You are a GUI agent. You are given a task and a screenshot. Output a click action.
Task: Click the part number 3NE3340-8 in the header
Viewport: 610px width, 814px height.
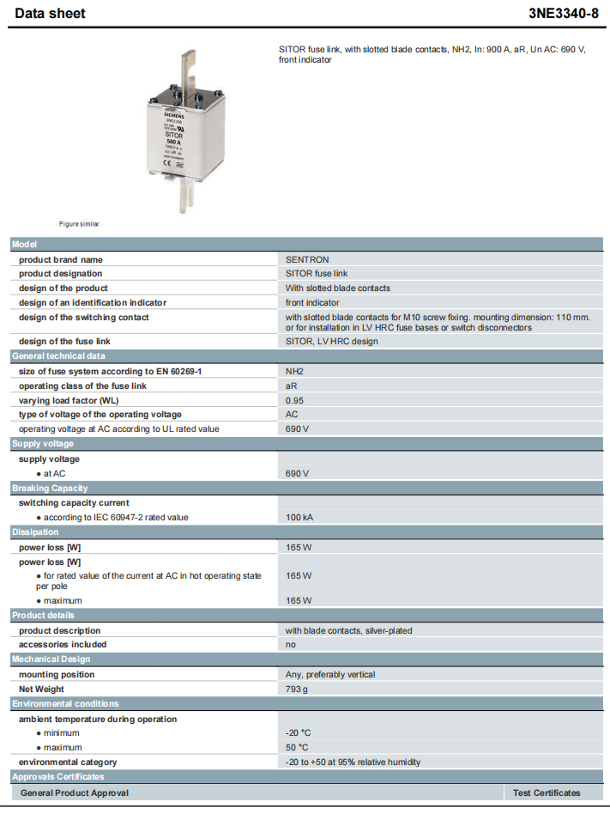[x=564, y=14]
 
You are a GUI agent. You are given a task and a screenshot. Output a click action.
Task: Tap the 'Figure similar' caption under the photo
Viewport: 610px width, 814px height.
[x=79, y=224]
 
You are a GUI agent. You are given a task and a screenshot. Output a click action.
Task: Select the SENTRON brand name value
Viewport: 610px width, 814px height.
[x=307, y=259]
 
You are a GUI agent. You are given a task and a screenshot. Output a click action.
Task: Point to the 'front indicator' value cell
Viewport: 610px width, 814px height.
[x=312, y=302]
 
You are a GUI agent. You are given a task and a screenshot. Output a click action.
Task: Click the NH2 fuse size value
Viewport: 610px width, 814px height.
[x=294, y=371]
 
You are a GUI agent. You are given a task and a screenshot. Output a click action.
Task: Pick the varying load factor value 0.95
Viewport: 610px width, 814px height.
[x=294, y=400]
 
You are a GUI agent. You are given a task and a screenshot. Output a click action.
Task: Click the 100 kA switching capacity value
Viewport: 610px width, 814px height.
[x=299, y=517]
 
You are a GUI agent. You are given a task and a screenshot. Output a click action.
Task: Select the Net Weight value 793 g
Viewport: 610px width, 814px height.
[x=297, y=689]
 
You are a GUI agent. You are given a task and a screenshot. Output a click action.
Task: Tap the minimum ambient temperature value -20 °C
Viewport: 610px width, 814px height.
[x=298, y=733]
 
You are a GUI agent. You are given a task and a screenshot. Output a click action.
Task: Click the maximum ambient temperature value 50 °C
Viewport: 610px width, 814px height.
[x=297, y=748]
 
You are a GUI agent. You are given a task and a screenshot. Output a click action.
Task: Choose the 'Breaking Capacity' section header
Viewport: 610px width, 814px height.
[x=44, y=488]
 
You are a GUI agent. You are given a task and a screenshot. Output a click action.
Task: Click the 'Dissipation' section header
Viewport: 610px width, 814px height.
[x=35, y=532]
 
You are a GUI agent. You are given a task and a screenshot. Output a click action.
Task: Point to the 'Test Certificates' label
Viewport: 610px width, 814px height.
[x=547, y=793]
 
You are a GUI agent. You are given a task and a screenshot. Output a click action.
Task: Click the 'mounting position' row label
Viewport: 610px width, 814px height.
[x=57, y=674]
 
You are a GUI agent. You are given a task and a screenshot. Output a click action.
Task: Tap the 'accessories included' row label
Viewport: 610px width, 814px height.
[x=63, y=644]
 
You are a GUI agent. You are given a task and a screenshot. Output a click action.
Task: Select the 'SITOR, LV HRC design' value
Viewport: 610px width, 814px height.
[x=329, y=341]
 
